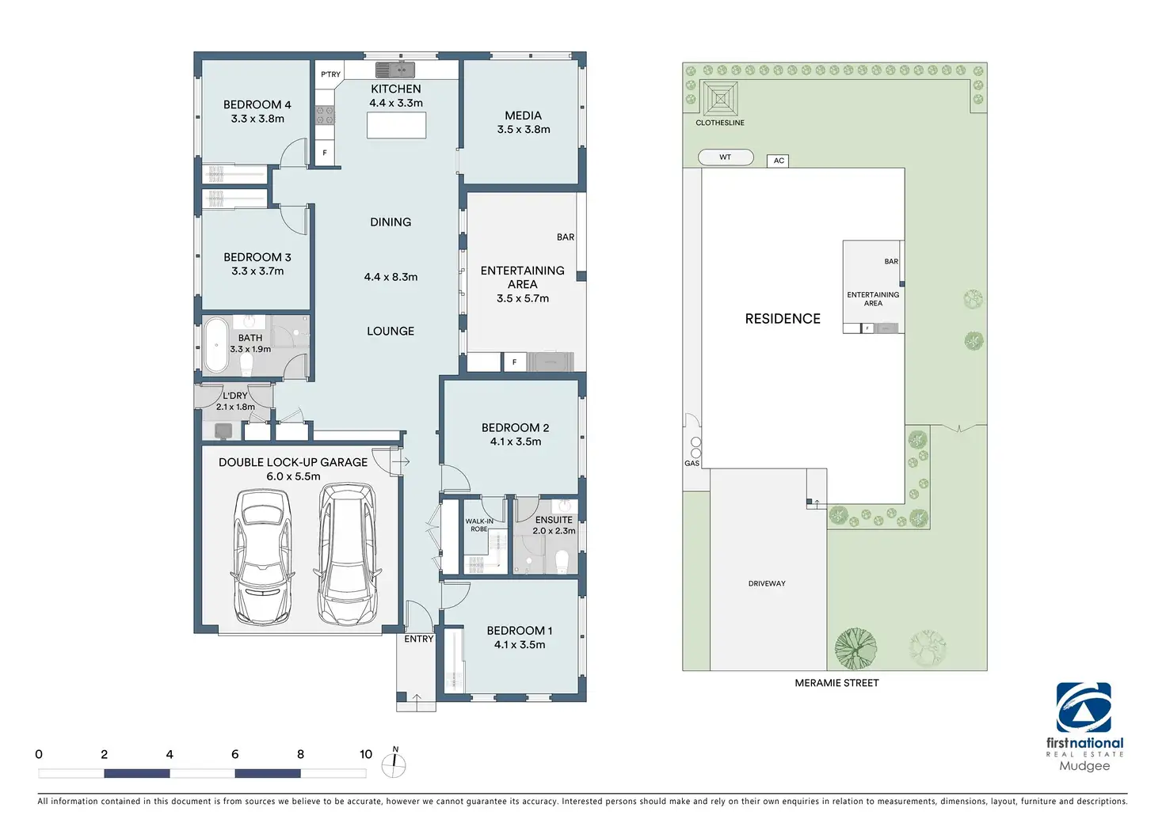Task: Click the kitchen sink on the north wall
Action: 395,69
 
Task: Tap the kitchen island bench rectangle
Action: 396,125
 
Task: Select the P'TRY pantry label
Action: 330,74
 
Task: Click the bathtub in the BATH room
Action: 215,345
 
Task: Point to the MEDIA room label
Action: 523,116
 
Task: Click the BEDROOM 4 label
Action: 257,104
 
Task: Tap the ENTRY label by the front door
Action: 418,639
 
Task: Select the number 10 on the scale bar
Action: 366,754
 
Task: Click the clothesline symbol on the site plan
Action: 720,99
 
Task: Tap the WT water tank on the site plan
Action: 726,157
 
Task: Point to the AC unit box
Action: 778,161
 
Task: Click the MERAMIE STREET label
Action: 836,683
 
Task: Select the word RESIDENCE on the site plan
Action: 783,319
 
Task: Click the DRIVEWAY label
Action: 767,583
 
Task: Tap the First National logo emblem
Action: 1084,707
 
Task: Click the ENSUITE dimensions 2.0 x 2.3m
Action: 554,531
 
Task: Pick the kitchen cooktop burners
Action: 325,115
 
